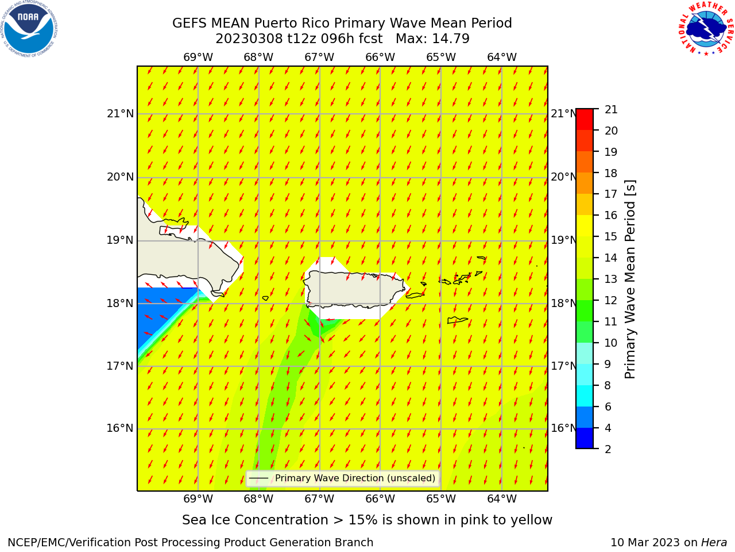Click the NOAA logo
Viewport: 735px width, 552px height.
coord(29,29)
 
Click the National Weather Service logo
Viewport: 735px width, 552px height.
coord(706,28)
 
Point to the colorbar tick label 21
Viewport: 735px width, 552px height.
coord(611,110)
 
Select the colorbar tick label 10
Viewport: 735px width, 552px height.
coord(611,343)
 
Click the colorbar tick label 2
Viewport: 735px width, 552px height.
coord(608,449)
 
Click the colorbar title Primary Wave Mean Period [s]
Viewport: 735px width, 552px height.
coord(630,279)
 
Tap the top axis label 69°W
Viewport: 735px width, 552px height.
coord(198,57)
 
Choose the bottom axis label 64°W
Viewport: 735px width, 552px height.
coord(502,499)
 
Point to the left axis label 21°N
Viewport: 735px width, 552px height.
coord(120,114)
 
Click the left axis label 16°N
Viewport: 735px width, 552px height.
coord(120,428)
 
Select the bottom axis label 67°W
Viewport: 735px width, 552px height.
coord(319,499)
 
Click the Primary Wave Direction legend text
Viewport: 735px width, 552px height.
coord(355,478)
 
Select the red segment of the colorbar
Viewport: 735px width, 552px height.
coord(585,120)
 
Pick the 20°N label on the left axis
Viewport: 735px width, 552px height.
coord(120,177)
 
